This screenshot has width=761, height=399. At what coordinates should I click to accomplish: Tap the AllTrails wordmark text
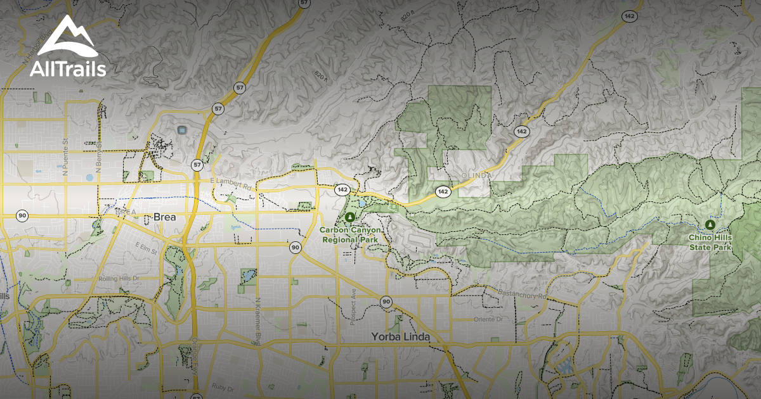tap(68, 69)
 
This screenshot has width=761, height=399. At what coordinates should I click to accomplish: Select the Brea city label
tap(165, 217)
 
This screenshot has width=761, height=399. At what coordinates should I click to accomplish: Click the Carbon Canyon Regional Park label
tap(350, 235)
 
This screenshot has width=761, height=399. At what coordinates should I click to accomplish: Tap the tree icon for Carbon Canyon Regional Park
tap(350, 217)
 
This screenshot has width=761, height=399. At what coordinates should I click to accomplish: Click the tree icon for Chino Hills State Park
tap(710, 224)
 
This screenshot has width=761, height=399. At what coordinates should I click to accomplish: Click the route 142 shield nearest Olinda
tap(443, 191)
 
